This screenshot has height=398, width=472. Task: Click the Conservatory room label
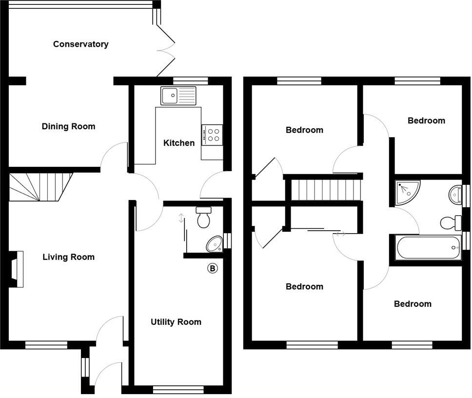[x=80, y=44]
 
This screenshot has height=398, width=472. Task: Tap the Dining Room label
[x=68, y=127]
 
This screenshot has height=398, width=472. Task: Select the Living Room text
[x=68, y=257]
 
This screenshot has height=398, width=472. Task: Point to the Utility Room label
[x=176, y=322]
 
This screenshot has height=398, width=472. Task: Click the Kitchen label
[x=179, y=143]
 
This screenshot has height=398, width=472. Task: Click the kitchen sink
[x=178, y=96]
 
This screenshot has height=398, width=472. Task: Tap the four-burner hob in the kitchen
[x=212, y=135]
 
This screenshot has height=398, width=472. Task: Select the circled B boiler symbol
[x=212, y=268]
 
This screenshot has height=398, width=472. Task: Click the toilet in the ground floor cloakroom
[x=203, y=217]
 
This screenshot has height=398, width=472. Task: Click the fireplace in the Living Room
[x=16, y=269]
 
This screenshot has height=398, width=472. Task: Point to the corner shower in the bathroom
[x=407, y=192]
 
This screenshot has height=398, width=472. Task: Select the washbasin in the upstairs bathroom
[x=455, y=194]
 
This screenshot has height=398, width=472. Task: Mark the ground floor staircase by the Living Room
[x=40, y=186]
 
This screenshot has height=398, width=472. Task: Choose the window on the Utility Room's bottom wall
[x=178, y=389]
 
